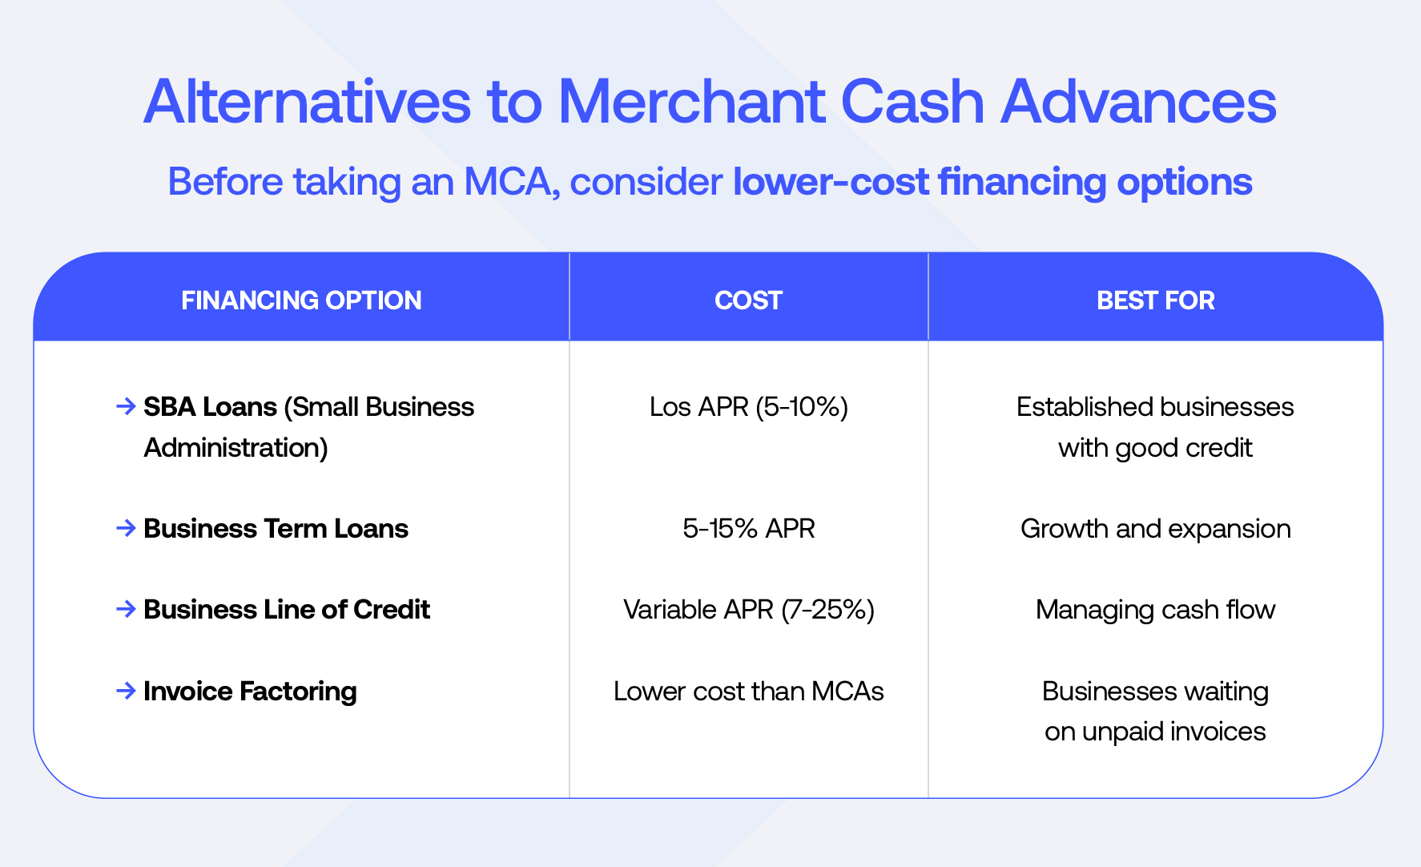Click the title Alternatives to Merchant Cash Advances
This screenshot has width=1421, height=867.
point(710,102)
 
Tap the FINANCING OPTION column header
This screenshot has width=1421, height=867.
point(301,300)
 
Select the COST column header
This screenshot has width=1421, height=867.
point(748,300)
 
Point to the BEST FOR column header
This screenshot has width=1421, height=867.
point(1155,300)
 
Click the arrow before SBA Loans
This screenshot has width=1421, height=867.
point(126,406)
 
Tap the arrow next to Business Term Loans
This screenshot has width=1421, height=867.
point(126,528)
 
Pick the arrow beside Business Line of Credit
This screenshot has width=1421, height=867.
point(126,609)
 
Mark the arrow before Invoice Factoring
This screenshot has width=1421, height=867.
point(126,691)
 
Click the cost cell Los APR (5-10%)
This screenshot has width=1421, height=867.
point(748,407)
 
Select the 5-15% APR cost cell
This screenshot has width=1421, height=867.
point(748,529)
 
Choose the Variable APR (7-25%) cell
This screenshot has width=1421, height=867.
point(748,610)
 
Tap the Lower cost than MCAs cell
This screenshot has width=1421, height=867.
point(748,691)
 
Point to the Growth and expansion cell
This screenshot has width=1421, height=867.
point(1155,530)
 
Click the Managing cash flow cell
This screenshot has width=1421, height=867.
point(1155,611)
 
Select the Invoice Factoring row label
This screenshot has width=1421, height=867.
point(250,692)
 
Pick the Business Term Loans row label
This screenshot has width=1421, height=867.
point(276,529)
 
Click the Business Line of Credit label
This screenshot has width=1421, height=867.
point(287,610)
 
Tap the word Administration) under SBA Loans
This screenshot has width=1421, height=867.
point(236,448)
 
